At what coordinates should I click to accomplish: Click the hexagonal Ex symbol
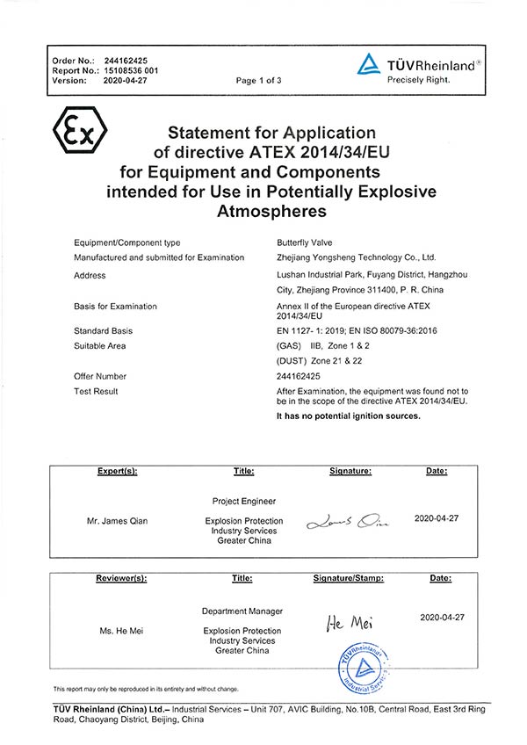click(80, 132)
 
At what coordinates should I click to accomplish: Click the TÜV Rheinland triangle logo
click(369, 65)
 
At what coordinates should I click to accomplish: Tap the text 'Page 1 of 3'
click(258, 80)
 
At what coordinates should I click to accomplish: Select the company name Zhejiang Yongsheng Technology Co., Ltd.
click(356, 257)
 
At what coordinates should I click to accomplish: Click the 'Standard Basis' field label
click(104, 330)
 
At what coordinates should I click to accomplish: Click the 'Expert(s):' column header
click(117, 472)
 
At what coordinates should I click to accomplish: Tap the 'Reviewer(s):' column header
click(120, 578)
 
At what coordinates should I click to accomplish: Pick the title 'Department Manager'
click(242, 611)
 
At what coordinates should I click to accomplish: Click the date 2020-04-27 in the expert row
click(437, 518)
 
